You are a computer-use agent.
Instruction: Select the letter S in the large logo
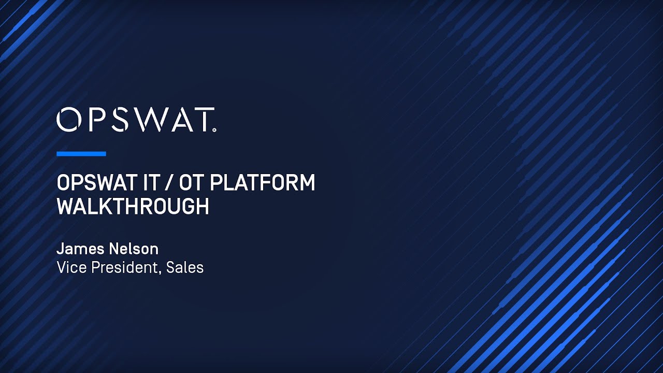tap(118, 120)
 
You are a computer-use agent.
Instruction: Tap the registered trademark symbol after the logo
tap(214, 130)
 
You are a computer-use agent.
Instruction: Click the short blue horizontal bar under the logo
tap(81, 154)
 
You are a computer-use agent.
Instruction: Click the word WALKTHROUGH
tap(133, 207)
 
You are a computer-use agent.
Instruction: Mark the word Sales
tap(185, 268)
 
